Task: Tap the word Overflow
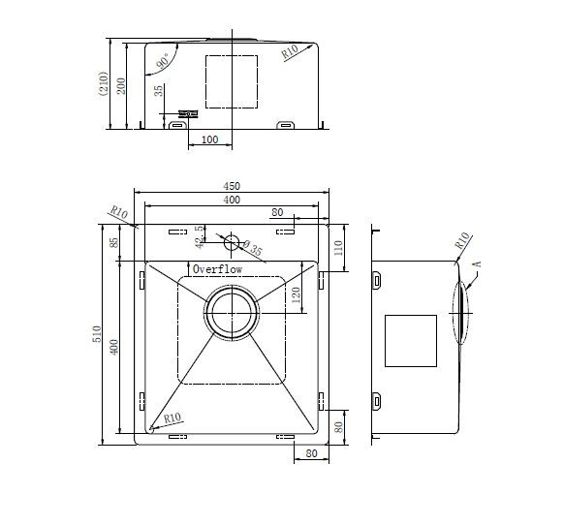216,268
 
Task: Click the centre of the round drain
231,313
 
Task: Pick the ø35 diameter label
254,250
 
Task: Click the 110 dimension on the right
339,247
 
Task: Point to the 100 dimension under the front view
208,140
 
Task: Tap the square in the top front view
231,81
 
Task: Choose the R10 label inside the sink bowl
173,418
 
